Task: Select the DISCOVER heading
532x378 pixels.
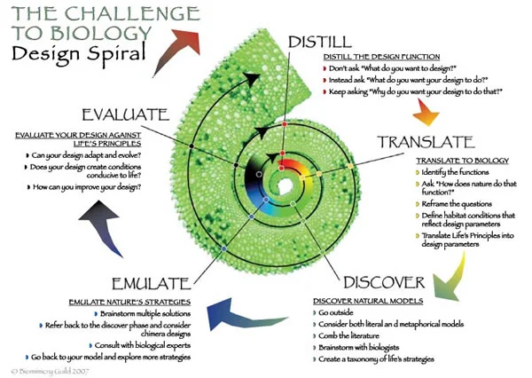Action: tap(384, 283)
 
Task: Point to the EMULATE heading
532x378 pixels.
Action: tap(150, 284)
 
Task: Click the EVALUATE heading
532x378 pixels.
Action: tap(124, 114)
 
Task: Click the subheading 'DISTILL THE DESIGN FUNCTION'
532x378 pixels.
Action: tap(380, 57)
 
